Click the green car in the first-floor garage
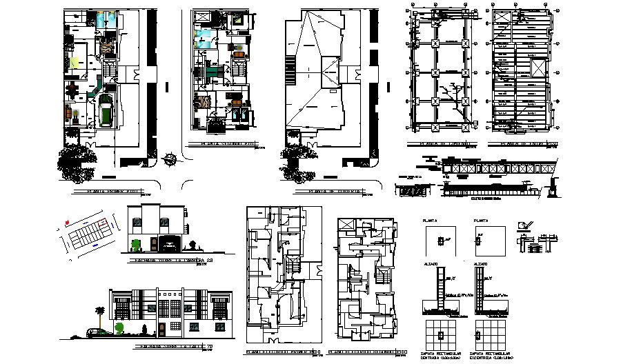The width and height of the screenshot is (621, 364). point(106,111)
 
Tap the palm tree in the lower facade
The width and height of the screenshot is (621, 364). point(101,314)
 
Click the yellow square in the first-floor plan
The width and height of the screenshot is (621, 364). point(74,62)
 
